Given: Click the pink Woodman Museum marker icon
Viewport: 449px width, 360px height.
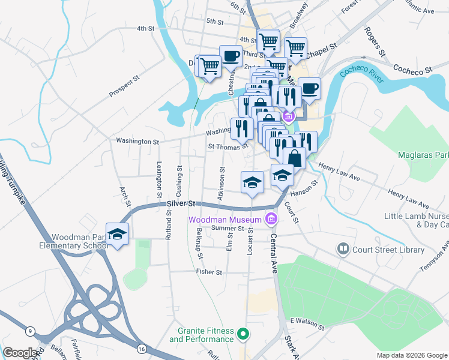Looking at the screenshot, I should pos(272,219).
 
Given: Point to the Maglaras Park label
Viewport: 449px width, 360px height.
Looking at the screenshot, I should pos(423,155).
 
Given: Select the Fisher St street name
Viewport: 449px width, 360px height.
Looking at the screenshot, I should pos(209,272).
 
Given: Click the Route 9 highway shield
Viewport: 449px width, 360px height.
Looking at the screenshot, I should pos(29,331).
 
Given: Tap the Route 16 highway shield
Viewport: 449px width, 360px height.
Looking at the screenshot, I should pos(141,348).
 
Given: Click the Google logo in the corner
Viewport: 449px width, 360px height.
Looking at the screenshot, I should pos(21,352).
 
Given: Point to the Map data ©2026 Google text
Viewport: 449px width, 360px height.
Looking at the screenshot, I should pos(412,355).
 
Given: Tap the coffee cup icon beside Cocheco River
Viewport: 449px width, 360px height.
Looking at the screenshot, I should pos(309,89).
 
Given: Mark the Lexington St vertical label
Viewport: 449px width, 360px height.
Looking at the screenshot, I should pos(160,179).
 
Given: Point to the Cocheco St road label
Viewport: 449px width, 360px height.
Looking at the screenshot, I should pos(412,69).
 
